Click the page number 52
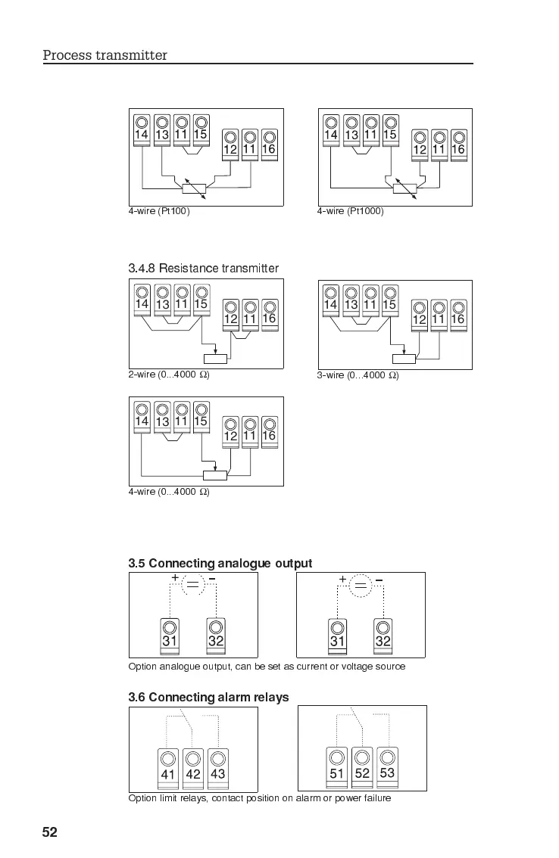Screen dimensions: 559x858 (49, 833)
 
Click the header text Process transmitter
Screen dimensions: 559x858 (105, 55)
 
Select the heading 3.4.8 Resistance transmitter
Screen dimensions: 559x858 (203, 269)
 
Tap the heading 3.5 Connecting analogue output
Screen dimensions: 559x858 (220, 564)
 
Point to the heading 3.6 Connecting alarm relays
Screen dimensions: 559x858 (208, 697)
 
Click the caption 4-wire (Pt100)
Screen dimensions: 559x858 (158, 211)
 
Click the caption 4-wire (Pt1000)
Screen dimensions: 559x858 (350, 211)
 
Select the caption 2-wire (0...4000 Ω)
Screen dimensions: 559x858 (168, 375)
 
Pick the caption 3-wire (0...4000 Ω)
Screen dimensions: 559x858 (358, 375)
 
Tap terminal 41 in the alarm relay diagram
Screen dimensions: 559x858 (168, 767)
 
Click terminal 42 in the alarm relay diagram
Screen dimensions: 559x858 (193, 767)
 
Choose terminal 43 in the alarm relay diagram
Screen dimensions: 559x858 (217, 767)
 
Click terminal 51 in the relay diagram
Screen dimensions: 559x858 (337, 766)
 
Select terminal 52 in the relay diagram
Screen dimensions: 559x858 (362, 766)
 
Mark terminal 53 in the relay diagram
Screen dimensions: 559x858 (387, 766)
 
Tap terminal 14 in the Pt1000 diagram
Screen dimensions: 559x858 (331, 129)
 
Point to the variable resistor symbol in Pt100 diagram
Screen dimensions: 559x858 (194, 188)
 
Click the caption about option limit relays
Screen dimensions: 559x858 (260, 798)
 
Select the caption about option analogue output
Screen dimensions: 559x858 (267, 667)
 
